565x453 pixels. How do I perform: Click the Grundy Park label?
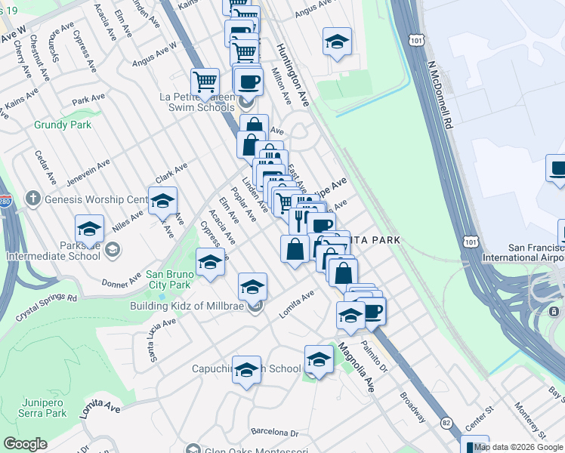63,125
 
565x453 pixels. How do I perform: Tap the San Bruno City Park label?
168,279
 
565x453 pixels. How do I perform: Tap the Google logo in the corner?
25,444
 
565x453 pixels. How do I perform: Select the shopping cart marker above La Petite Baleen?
205,81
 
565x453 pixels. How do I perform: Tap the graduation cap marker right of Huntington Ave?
337,41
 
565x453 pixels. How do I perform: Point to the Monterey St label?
533,423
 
